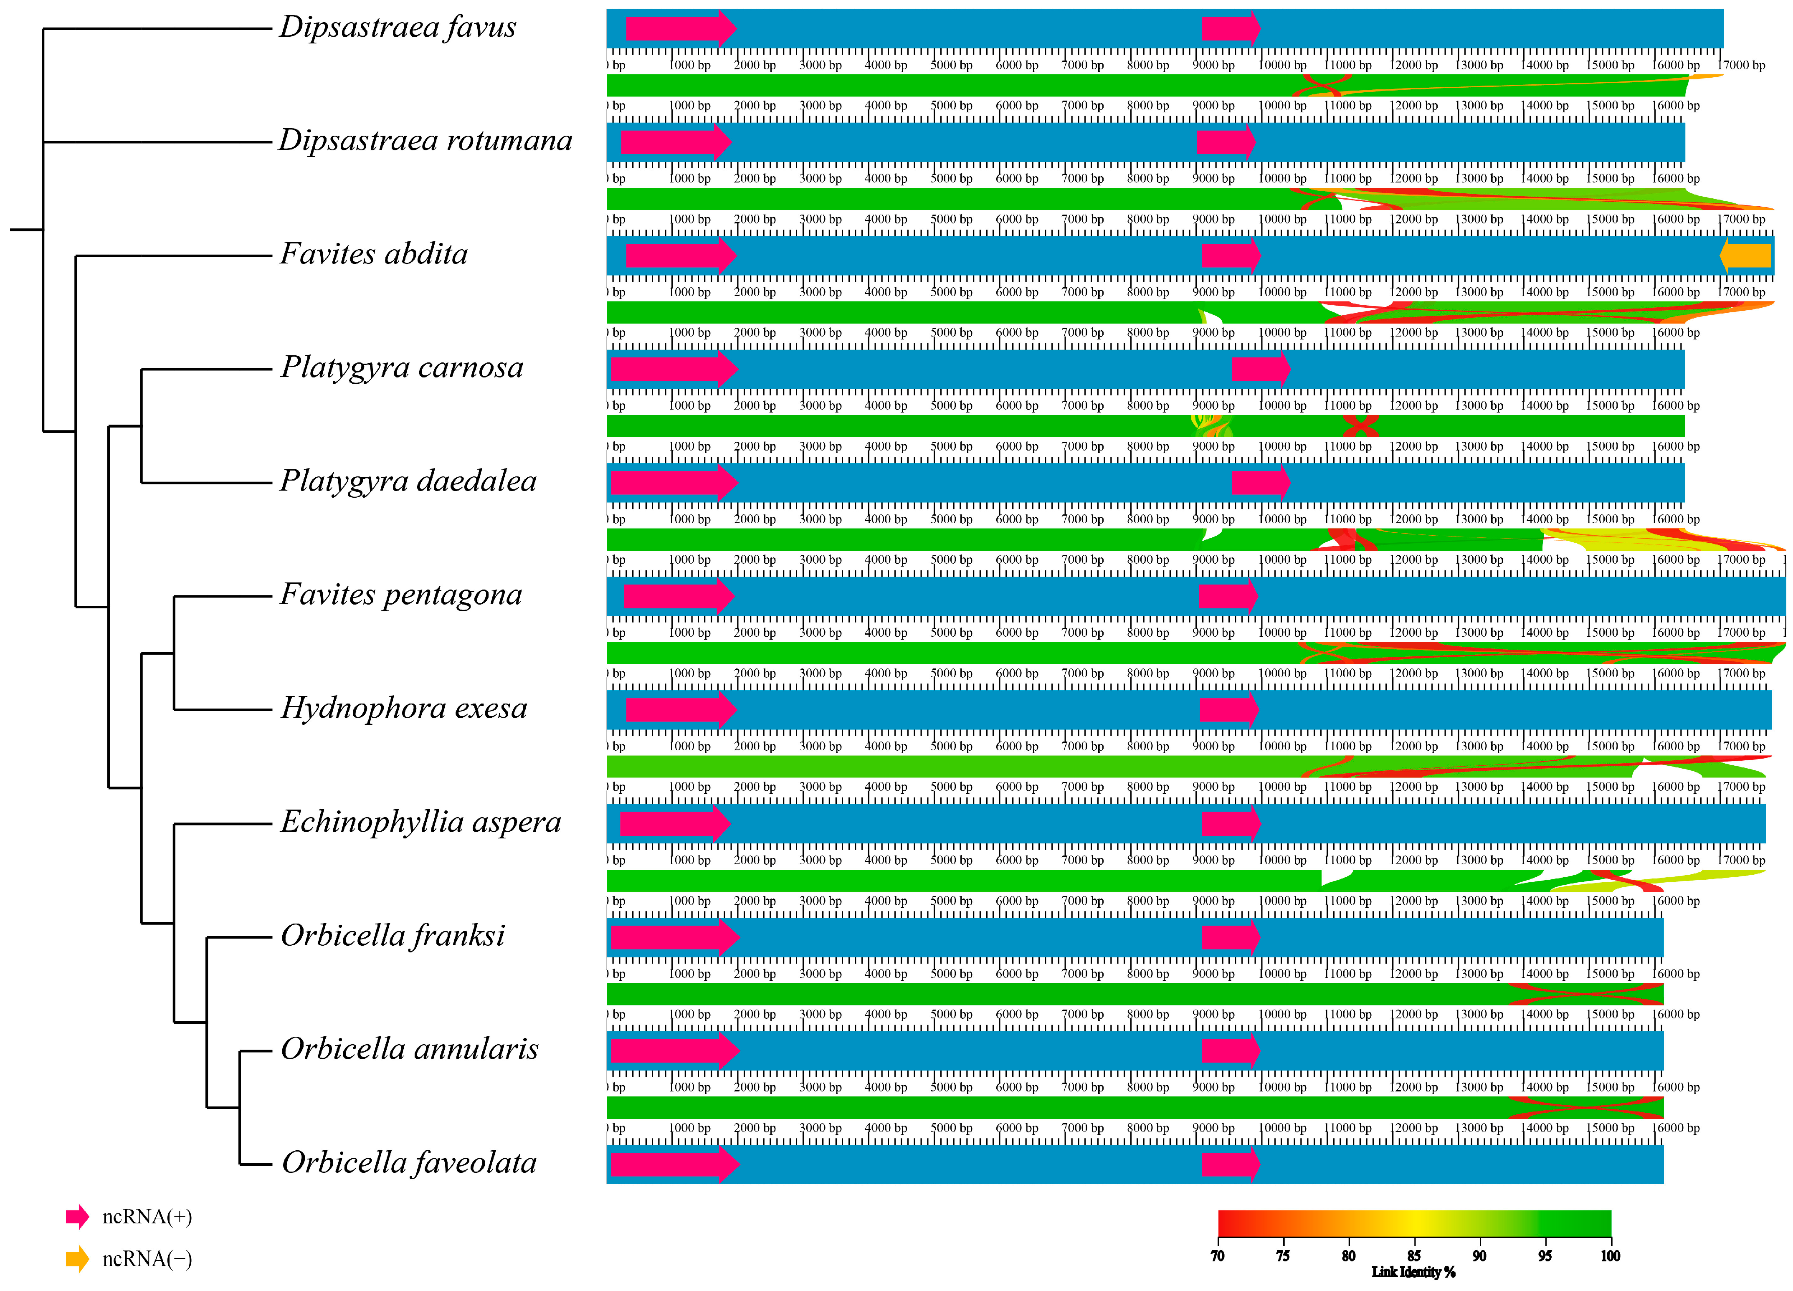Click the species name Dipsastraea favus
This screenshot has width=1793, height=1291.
click(398, 28)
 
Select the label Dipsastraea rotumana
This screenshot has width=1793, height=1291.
click(425, 141)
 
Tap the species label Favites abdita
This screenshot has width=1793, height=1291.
click(374, 255)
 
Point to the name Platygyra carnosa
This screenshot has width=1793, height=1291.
click(402, 367)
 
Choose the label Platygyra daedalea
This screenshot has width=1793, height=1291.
click(408, 481)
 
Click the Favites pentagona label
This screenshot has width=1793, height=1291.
click(401, 595)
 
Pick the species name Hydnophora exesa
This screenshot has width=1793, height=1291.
click(404, 709)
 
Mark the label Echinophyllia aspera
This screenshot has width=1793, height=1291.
click(420, 822)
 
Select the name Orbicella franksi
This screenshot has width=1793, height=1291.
click(393, 936)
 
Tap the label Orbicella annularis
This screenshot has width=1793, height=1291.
click(410, 1049)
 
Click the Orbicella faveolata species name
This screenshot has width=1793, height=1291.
click(409, 1163)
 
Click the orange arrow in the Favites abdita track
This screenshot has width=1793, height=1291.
click(1745, 256)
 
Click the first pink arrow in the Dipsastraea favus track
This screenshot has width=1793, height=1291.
click(680, 28)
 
